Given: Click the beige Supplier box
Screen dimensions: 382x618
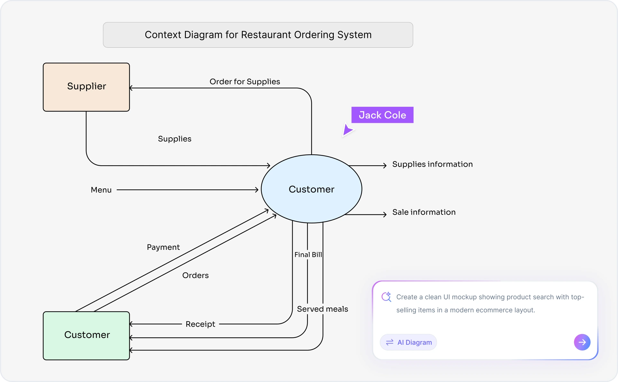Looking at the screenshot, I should point(86,87).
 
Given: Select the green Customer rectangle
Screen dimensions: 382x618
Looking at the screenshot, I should point(86,335).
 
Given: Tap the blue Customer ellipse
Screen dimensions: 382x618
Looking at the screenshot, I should point(311,189).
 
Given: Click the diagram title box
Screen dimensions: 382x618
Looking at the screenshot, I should point(258,35).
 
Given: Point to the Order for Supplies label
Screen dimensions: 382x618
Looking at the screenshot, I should point(245,82).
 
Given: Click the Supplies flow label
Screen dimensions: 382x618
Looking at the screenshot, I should point(175,139).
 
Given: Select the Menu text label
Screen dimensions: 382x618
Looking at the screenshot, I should point(101,190).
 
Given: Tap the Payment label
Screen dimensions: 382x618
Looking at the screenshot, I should point(163,247).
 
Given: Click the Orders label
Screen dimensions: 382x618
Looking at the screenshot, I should point(195,276).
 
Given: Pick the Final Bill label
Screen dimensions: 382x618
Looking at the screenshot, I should point(308,255).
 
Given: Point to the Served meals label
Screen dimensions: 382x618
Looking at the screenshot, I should point(322,309).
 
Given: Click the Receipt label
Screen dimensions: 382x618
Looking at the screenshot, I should point(200,324).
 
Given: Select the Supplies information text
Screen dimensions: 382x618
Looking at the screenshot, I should point(432,164).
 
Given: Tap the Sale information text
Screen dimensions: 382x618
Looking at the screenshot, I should point(424,212).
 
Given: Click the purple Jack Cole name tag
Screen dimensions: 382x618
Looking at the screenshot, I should point(382,115).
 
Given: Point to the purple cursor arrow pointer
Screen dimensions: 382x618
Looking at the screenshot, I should point(347,130).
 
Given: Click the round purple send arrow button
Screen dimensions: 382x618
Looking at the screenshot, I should point(582,342).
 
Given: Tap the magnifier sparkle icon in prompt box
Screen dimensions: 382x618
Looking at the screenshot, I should point(386,297).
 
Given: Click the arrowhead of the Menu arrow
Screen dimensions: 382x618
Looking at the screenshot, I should point(257,190).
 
